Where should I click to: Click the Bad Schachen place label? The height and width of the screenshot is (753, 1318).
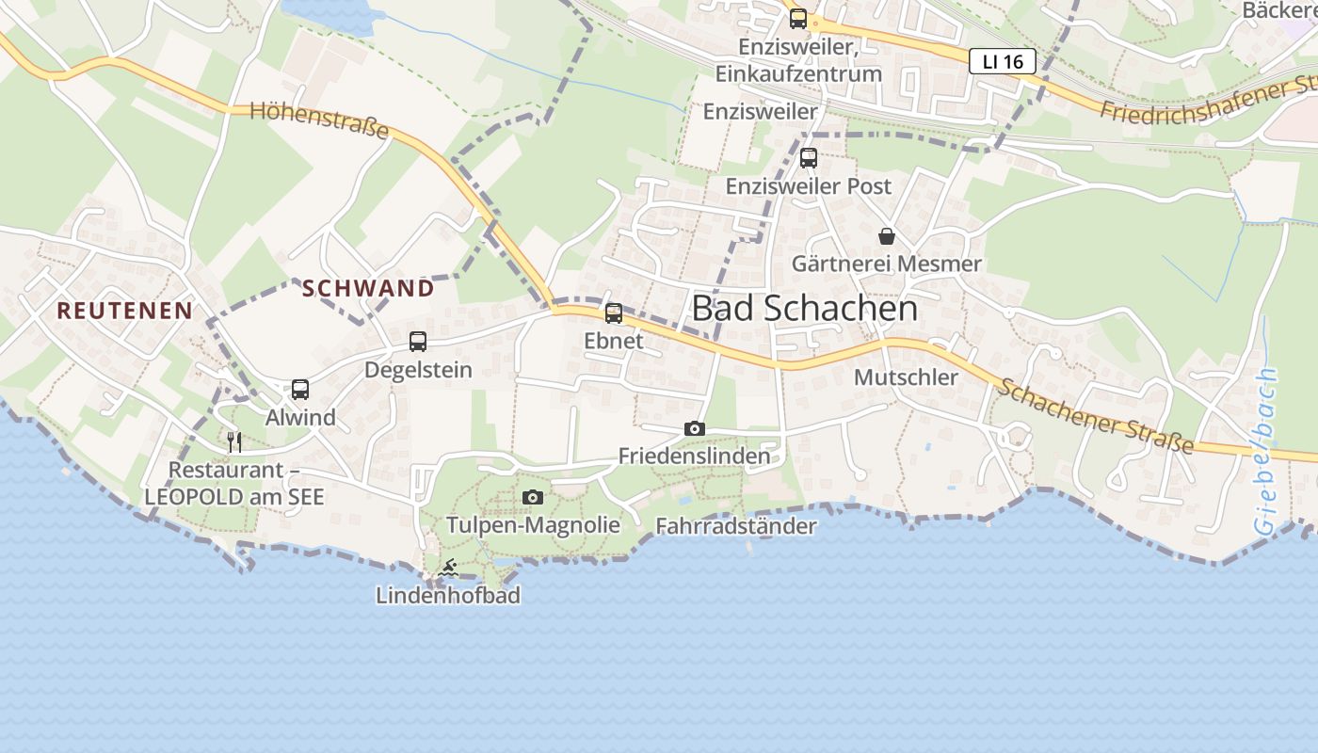click(x=804, y=308)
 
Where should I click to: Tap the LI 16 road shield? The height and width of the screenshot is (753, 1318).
click(x=1002, y=62)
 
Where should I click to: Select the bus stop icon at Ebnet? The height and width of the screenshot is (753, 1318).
click(x=614, y=313)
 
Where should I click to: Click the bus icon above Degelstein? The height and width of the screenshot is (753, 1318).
click(x=418, y=342)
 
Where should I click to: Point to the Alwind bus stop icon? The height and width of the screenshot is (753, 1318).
click(x=300, y=389)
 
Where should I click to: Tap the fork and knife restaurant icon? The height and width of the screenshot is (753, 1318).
click(x=234, y=441)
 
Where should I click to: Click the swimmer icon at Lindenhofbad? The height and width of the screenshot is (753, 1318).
click(x=448, y=568)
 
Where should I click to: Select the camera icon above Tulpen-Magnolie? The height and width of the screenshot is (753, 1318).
click(x=533, y=497)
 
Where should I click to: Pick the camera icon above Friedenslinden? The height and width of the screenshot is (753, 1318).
click(x=694, y=429)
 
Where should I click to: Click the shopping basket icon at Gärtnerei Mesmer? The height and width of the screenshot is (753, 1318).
click(x=887, y=236)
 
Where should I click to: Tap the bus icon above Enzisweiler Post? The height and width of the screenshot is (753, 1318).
click(x=809, y=158)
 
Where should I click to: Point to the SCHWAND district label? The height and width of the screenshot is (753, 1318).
click(x=368, y=288)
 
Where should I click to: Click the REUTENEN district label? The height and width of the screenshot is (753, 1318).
click(x=124, y=310)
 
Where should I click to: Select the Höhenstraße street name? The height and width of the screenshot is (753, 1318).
click(x=319, y=121)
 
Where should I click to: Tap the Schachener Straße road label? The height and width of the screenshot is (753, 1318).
click(x=1097, y=415)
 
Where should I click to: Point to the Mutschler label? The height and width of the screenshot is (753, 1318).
click(x=906, y=377)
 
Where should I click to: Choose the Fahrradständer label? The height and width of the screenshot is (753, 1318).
click(x=735, y=526)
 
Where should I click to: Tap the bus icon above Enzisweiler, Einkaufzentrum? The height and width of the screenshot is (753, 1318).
click(x=798, y=18)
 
